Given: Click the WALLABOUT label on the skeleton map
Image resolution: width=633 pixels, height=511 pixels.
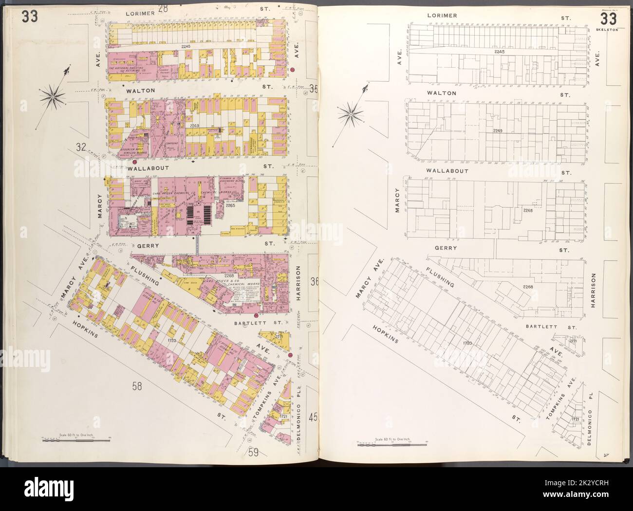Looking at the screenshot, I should point(447,171).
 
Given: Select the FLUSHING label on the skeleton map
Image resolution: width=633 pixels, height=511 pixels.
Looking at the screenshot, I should point(440,277).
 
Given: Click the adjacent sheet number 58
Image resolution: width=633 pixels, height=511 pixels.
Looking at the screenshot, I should point(137,386).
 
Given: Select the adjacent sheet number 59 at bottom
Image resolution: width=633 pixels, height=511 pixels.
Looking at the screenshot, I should point(254,452).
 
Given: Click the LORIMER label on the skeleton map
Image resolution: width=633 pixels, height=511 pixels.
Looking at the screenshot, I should point(442,16).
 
